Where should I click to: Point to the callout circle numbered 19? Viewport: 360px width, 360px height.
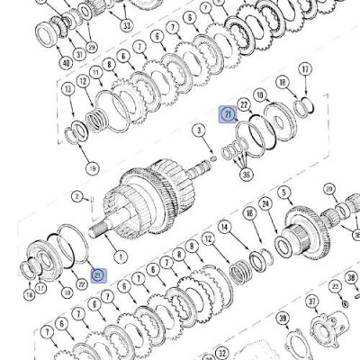91,167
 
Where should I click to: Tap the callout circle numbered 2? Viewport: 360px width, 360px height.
78,196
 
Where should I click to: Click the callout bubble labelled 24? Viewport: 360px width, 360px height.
265,204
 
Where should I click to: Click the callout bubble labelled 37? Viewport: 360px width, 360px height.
312,301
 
